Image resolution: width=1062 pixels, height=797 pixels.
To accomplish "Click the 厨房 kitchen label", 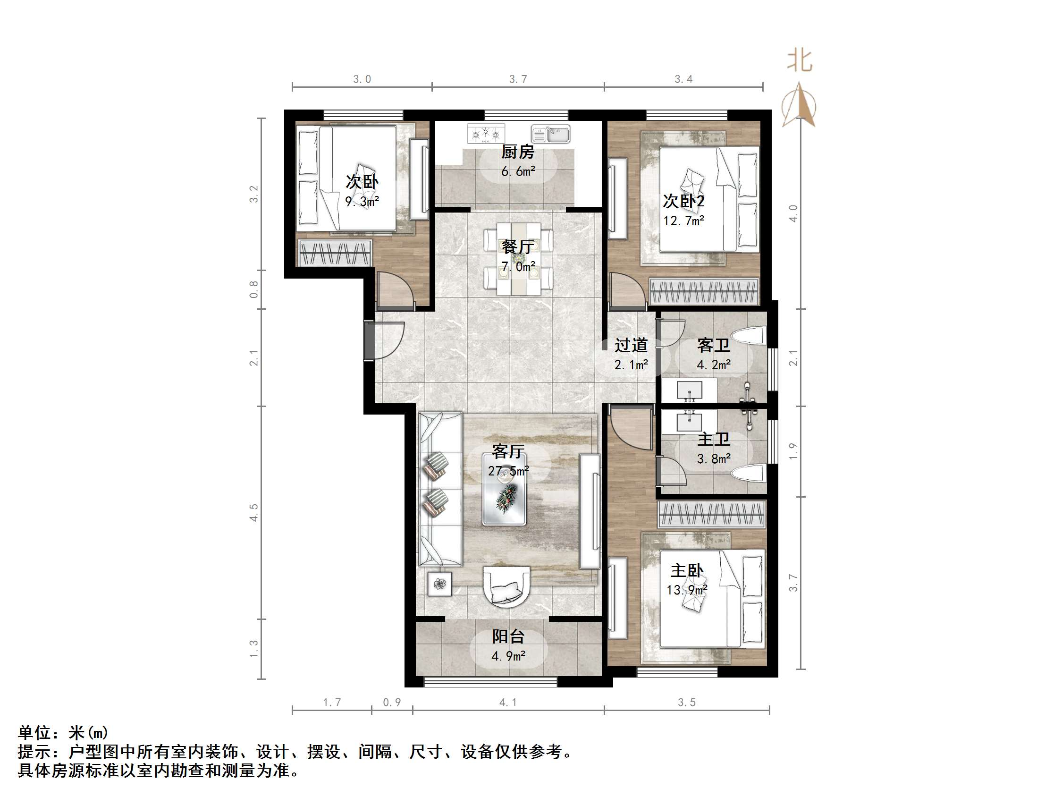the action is click(x=518, y=153).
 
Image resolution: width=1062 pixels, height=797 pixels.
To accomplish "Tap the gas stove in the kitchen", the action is click(x=486, y=134).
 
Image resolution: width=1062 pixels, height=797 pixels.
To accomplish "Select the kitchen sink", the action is click(x=550, y=134).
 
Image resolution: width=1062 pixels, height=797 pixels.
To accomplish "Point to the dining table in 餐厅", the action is click(x=519, y=258).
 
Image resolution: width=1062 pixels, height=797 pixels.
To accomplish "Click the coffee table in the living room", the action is click(x=504, y=489).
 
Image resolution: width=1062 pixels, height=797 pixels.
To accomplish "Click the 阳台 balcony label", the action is click(x=508, y=636).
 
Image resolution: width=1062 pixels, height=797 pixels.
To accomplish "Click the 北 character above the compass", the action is click(x=800, y=61).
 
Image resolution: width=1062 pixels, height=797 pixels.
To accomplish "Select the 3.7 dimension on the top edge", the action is click(x=518, y=79).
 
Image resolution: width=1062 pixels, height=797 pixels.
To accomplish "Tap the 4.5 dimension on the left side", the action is click(x=253, y=513).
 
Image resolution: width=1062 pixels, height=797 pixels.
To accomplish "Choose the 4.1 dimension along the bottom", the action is click(x=508, y=703).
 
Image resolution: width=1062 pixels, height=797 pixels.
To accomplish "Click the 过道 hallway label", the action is click(x=631, y=345).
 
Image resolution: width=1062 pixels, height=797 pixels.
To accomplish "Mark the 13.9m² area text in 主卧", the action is click(x=687, y=590).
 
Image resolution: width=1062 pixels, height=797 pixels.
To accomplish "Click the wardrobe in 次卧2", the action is click(x=703, y=291).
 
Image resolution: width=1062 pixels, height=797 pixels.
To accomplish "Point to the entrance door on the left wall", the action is click(x=384, y=340).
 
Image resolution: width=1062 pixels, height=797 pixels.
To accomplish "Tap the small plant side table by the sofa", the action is click(x=440, y=584).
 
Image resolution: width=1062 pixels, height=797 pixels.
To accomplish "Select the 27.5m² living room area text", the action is click(x=508, y=471).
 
